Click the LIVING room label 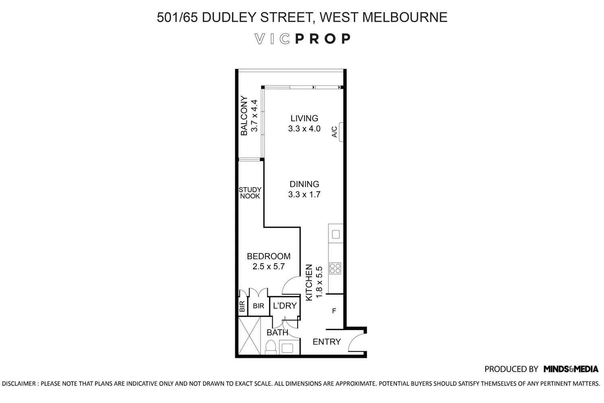click(x=304, y=118)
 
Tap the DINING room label click(x=304, y=184)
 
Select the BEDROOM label click(x=269, y=256)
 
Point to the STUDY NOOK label click(x=250, y=193)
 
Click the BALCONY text click(x=244, y=116)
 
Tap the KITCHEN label click(x=309, y=282)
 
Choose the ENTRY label click(x=327, y=342)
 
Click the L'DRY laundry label click(x=285, y=305)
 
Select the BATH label click(x=277, y=332)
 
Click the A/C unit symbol click(x=341, y=132)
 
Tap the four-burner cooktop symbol click(x=335, y=268)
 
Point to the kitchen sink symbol click(x=335, y=234)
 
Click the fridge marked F click(x=334, y=311)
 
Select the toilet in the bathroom click(x=271, y=347)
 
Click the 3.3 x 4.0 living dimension click(x=304, y=129)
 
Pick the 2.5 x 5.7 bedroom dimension click(x=269, y=266)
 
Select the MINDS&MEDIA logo click(x=571, y=369)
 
